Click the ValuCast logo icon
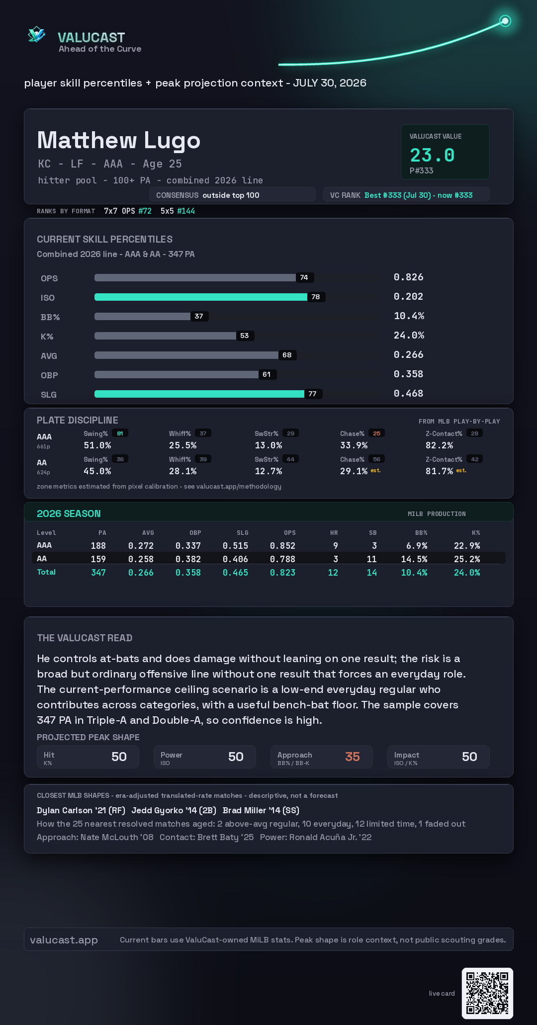click(x=36, y=34)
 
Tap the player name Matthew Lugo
click(x=119, y=140)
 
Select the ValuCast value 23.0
click(x=432, y=155)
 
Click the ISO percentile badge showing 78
click(x=316, y=297)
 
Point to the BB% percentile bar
click(x=142, y=316)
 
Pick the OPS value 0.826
click(x=408, y=277)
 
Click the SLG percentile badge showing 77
click(x=313, y=394)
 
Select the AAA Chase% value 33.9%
click(x=354, y=445)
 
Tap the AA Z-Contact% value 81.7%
click(x=439, y=471)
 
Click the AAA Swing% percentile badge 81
click(x=120, y=433)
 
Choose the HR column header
click(x=334, y=533)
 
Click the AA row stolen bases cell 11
click(x=371, y=559)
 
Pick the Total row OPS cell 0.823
click(x=282, y=573)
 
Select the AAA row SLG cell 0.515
click(x=235, y=546)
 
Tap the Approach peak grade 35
click(x=353, y=757)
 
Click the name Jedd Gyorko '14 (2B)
click(x=174, y=810)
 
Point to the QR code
click(x=487, y=993)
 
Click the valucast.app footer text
click(x=64, y=940)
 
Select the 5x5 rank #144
click(x=186, y=211)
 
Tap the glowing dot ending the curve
click(x=505, y=21)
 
